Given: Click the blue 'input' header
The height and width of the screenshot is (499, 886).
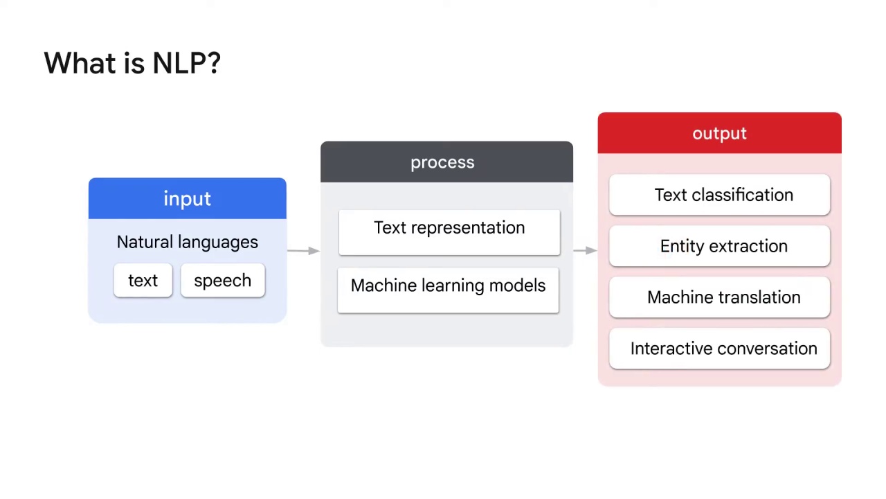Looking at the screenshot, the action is point(188,198).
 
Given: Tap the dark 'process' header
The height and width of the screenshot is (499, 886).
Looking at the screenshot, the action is point(446,162).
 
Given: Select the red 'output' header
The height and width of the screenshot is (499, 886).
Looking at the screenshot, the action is point(719,133).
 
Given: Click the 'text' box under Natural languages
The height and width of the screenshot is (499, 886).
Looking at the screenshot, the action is point(143,281).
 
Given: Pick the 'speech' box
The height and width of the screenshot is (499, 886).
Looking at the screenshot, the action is point(223,281).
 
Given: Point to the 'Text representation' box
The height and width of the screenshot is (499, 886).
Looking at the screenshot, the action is point(449,232).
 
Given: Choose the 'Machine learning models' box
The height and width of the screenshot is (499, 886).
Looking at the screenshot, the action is point(448,290).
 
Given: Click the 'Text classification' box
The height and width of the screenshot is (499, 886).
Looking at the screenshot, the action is point(719,195).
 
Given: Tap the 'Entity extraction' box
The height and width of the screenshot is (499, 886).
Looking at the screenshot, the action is point(719,246).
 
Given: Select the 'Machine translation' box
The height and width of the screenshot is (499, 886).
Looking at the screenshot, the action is point(719,297).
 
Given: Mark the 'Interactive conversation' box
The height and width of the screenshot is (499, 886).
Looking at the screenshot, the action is point(719,349).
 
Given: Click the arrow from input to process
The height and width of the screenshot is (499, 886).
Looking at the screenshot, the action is point(303,251).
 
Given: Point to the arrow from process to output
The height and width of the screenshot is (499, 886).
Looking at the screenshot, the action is point(586,250).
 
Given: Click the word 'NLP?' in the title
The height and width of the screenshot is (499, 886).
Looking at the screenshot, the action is point(187,63).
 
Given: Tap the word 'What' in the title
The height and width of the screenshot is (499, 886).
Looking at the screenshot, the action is point(80,63).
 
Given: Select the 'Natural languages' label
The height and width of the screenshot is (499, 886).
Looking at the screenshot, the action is point(187,242).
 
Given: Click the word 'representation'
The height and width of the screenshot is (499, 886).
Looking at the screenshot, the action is point(468,228).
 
